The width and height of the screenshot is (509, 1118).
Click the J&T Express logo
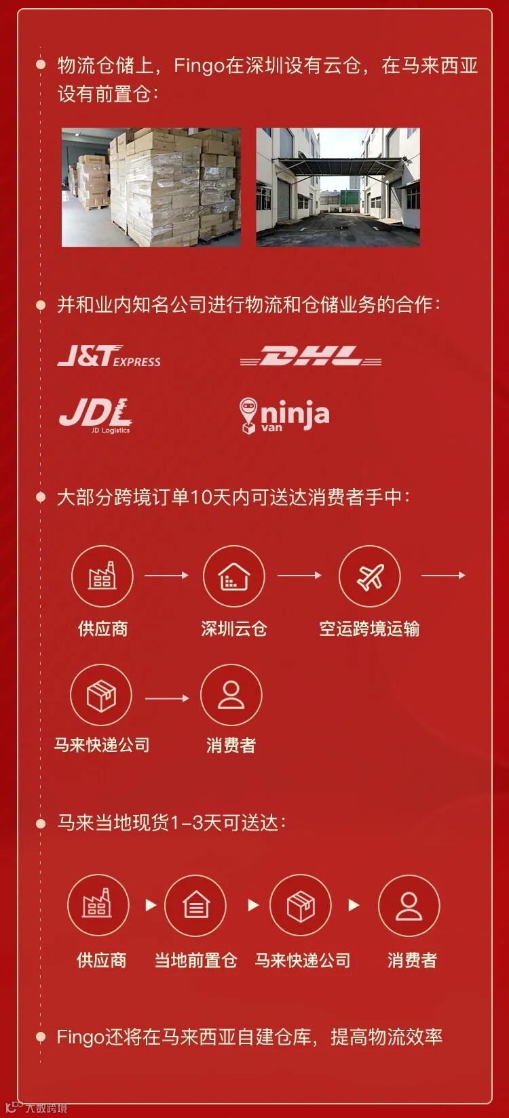tap(109, 356)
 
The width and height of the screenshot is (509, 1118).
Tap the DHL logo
tap(310, 356)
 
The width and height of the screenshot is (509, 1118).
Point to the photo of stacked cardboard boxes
tap(151, 187)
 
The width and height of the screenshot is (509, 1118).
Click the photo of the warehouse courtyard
tap(338, 187)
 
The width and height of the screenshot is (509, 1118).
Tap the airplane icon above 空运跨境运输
tap(369, 576)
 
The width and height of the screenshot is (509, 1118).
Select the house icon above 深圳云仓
tap(233, 576)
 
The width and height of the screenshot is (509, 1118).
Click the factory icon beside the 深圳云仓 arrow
tap(102, 576)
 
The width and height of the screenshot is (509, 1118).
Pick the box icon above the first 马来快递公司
tap(101, 695)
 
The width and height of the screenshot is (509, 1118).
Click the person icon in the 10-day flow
tap(231, 695)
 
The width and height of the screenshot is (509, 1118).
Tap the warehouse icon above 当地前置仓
tap(195, 905)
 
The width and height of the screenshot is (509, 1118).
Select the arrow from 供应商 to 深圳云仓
tap(166, 575)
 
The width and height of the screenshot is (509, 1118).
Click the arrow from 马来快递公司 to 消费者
tap(166, 698)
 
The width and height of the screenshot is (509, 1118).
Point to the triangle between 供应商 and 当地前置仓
tap(151, 905)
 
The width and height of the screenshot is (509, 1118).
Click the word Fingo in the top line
tap(200, 66)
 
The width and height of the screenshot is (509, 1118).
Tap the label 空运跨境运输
tap(369, 628)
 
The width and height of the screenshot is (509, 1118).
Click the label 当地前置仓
tap(195, 960)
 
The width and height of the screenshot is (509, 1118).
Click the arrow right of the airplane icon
tap(442, 575)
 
